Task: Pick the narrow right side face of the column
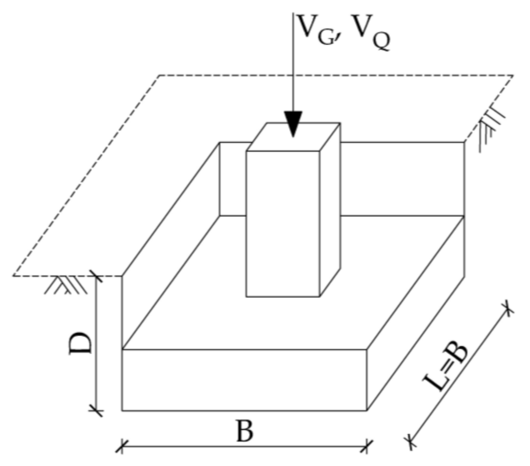tap(330, 210)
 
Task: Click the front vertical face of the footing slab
tap(245, 380)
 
